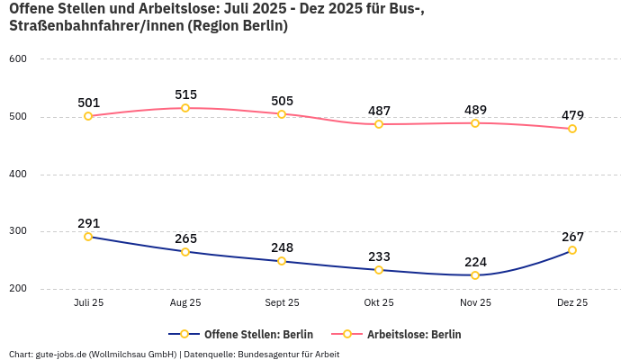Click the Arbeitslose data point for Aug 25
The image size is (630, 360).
coord(185,108)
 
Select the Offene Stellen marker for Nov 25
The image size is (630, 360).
coord(475,275)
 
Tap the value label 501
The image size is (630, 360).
coord(88,103)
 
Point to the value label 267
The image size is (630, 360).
coord(572,237)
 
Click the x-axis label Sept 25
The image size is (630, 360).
coord(282,303)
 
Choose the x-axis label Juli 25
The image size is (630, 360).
coord(88,303)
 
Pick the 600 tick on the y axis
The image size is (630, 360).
coord(18,59)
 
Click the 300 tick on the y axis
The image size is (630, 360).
coord(18,231)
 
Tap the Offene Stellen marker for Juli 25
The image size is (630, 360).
coord(88,237)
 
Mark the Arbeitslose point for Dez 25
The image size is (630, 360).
coord(572,129)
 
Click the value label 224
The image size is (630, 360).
coord(475,262)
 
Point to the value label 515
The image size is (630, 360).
coord(185,94)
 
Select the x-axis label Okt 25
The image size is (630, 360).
coord(379,303)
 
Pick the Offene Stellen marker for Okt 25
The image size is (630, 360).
coord(379,270)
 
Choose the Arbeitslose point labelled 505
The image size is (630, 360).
coord(282,114)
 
